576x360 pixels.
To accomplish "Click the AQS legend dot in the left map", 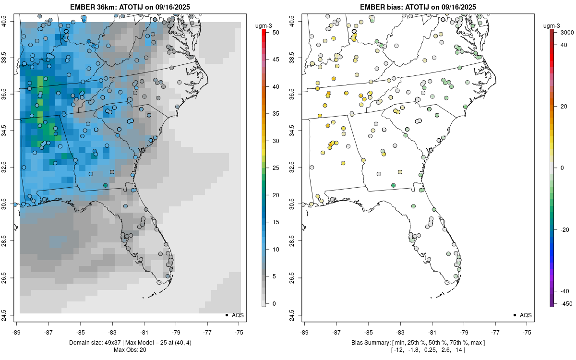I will tap(226, 315).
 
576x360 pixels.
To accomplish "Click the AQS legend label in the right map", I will tap(526, 315).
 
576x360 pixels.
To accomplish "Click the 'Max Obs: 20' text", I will tap(130, 349).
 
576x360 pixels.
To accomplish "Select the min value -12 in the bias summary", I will tap(398, 349).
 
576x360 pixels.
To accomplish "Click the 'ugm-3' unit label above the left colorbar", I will tap(264, 25).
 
